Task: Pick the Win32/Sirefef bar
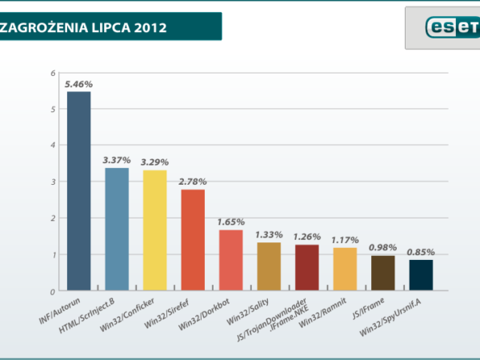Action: (x=193, y=240)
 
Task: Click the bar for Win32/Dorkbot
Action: (x=230, y=260)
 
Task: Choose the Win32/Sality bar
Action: (x=269, y=266)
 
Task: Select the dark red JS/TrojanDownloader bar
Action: (x=306, y=267)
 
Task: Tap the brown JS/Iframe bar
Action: (x=382, y=273)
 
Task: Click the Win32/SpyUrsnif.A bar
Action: (x=421, y=275)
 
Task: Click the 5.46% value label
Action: (x=78, y=84)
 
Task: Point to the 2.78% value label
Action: (x=193, y=182)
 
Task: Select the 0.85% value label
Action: (x=421, y=252)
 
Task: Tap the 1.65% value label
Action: (x=230, y=222)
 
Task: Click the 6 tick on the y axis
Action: (x=53, y=74)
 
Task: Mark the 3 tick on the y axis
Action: (x=53, y=182)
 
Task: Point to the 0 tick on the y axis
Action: (x=53, y=291)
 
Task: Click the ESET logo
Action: (x=448, y=26)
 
